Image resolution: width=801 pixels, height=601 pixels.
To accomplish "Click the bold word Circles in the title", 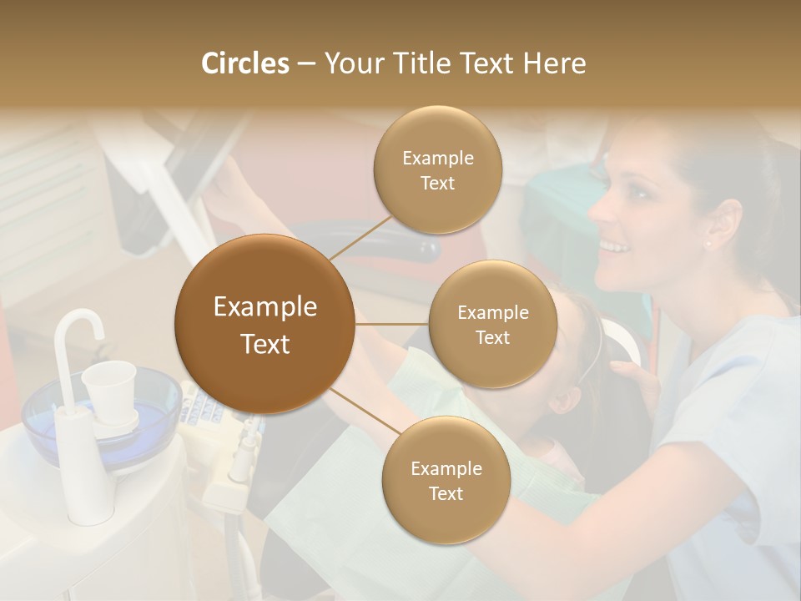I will coord(244,63).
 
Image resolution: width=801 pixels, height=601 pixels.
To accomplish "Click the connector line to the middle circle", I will coord(391,324).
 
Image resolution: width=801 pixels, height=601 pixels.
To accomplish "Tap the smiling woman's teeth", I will coord(615,247).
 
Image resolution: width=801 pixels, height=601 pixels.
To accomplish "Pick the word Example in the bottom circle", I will coord(446,469).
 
